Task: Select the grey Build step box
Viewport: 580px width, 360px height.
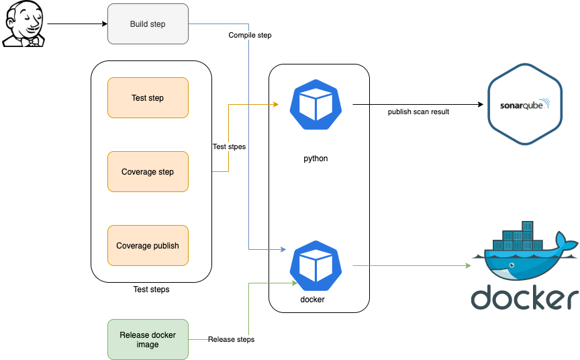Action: pos(148,24)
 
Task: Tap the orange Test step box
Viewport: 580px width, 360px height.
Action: pos(148,98)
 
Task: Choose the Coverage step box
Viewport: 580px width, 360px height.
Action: pos(148,172)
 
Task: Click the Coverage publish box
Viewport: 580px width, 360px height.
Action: pos(148,246)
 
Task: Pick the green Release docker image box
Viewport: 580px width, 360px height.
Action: pos(148,339)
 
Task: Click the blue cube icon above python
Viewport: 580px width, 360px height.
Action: pos(316,105)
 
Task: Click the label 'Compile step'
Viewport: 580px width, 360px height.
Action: pos(250,35)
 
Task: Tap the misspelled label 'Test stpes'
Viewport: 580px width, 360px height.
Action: pos(229,146)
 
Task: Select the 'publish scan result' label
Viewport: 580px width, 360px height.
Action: pos(418,111)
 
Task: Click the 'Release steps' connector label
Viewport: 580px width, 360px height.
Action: pos(231,339)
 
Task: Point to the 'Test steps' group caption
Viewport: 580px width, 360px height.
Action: pos(151,289)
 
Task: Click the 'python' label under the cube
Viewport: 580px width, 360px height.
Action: pos(316,159)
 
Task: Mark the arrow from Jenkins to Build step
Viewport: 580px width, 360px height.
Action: pos(77,24)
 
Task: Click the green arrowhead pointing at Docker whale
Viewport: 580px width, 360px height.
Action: pos(467,266)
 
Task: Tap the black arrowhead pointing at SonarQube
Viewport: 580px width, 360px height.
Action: pos(479,105)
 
